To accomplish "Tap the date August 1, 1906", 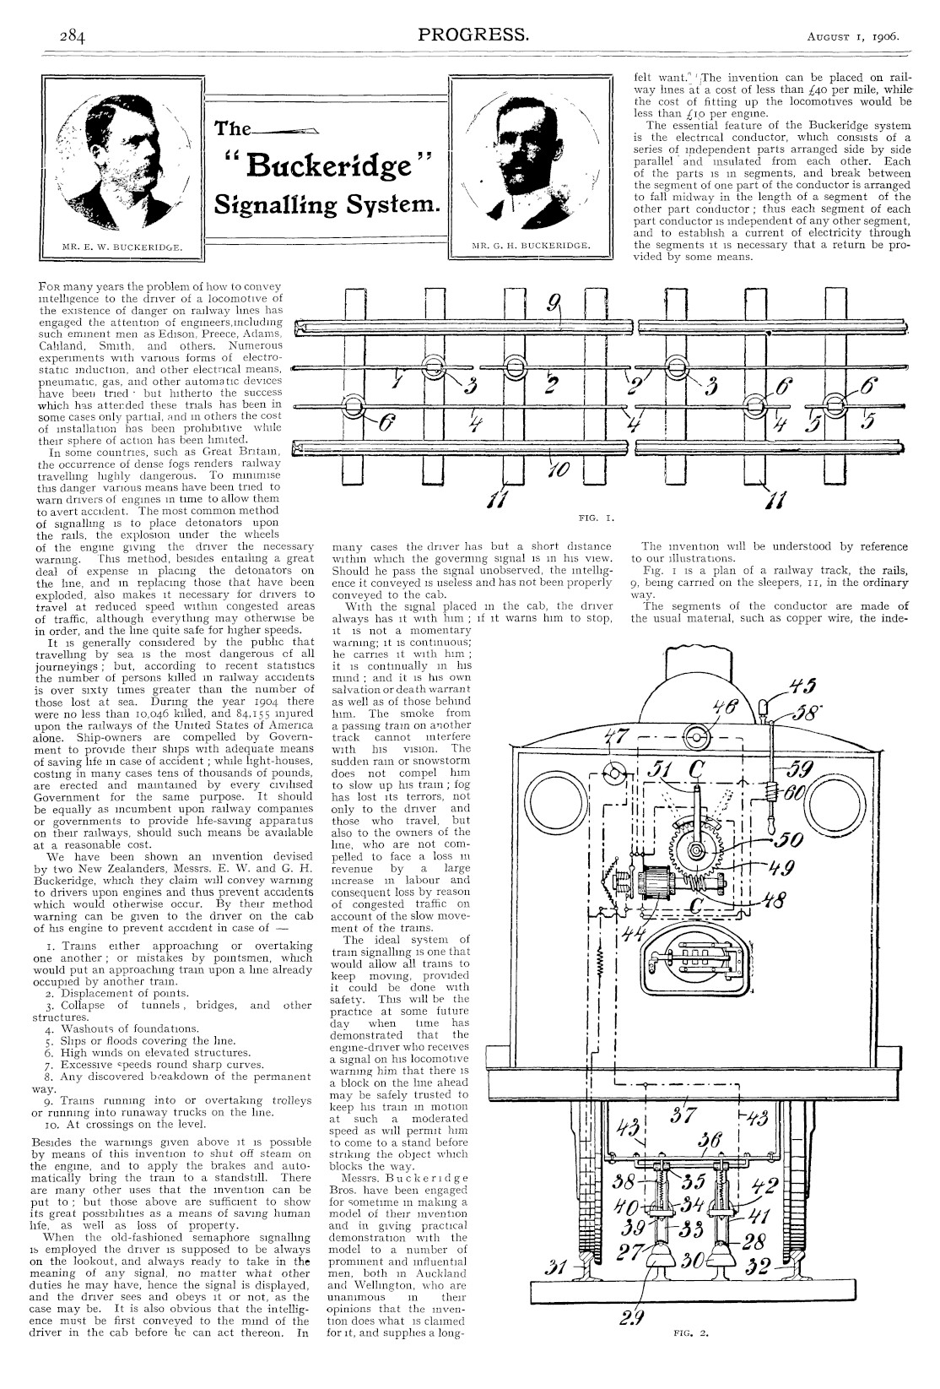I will point(852,37).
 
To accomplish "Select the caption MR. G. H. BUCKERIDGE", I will point(531,247).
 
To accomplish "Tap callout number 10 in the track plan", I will point(559,469).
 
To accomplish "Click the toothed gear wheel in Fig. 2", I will point(698,849).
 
